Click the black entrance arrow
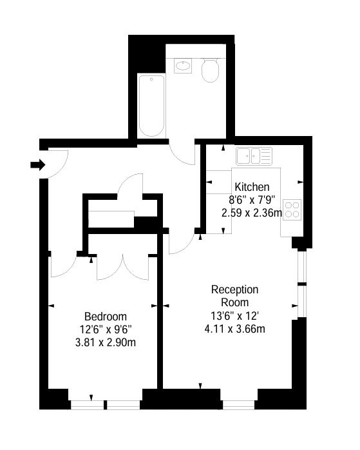38,165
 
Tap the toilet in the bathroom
210,70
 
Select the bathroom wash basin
183,66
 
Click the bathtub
151,106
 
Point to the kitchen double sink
254,156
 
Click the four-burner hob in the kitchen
292,210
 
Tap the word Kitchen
252,187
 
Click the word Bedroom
106,317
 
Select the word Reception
235,289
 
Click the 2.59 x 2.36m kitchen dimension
252,213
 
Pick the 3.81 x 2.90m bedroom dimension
106,342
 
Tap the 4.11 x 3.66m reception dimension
235,329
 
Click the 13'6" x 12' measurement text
235,316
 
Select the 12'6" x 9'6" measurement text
106,329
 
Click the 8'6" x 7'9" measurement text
252,200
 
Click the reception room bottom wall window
239,405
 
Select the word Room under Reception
235,302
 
